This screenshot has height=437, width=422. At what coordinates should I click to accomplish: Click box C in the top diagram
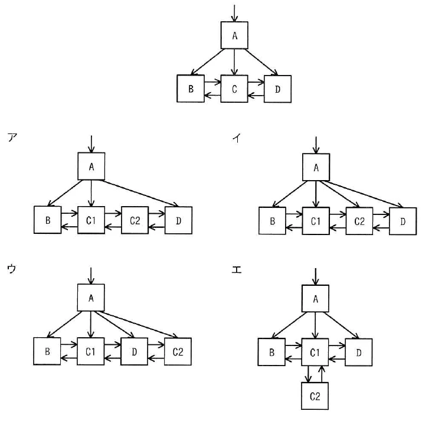[234, 89]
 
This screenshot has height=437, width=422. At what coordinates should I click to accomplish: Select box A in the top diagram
[234, 35]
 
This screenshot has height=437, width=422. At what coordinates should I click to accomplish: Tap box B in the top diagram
[191, 89]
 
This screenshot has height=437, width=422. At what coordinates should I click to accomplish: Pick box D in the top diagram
[278, 89]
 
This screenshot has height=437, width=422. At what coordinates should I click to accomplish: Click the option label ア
[12, 138]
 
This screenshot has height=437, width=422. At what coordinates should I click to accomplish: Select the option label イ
[237, 138]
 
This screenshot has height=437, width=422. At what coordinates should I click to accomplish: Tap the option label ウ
[12, 269]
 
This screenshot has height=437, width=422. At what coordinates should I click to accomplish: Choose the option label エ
[237, 270]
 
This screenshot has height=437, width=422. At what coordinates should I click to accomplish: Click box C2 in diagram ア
[135, 220]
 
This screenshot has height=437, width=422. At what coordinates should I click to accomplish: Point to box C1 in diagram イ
[316, 221]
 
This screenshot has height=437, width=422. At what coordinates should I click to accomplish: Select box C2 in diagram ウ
[178, 351]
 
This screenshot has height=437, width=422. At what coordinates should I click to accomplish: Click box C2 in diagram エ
[315, 396]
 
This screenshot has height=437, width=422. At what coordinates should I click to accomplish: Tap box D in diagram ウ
[134, 351]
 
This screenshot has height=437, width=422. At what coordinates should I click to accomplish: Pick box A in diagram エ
[315, 298]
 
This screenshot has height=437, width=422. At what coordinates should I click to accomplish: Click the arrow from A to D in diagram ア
[140, 193]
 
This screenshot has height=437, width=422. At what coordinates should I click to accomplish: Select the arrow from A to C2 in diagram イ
[339, 194]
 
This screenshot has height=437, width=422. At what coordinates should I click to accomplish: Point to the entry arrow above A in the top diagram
[234, 13]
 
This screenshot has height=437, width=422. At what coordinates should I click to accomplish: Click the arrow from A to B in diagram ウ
[64, 324]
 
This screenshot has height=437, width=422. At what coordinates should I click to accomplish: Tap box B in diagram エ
[271, 352]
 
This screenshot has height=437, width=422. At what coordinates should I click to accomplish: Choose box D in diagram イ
[403, 221]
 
